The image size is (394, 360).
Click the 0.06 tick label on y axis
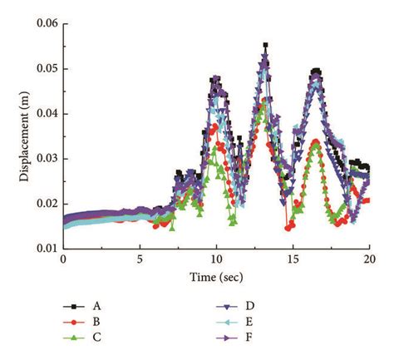coord(46,23)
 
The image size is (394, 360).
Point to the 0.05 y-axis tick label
coord(46,68)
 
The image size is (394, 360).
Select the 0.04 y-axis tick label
coord(46,113)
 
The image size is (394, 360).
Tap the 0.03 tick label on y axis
coord(46,158)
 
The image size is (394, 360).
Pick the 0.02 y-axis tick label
coord(46,204)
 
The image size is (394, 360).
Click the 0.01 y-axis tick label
coord(46,249)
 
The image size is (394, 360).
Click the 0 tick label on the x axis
coord(63,259)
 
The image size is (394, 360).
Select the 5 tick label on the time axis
coord(140,259)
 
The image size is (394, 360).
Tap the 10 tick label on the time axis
coord(216,259)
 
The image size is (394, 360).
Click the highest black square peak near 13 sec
coord(265,45)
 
